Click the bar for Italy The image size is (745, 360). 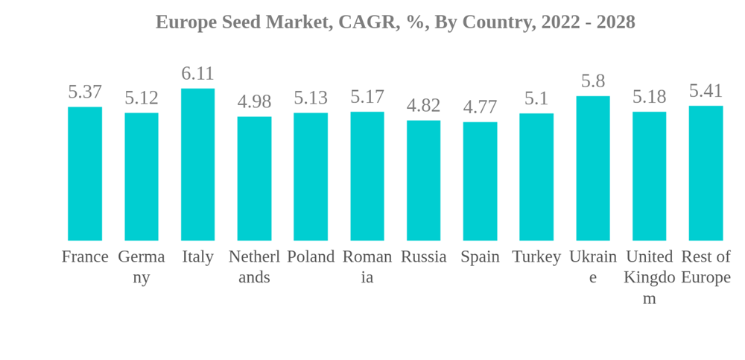pos(197,165)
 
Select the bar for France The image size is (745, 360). pos(85,174)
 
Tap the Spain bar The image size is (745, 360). pos(480,181)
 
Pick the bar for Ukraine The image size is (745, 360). pos(593,168)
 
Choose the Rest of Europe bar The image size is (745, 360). pos(706,173)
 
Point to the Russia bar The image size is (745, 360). pos(423,180)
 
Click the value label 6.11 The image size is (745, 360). pos(197,74)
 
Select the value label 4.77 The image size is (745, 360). pos(480,107)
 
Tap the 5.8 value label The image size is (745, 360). pos(593,81)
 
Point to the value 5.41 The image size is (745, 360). pos(706,91)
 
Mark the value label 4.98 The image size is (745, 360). pos(254,101)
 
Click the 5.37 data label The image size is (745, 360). pos(85,92)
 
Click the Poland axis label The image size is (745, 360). pos(311,256)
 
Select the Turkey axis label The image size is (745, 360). pos(536,256)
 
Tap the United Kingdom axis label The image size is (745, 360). pos(650,277)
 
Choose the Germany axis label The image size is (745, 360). pos(142,267)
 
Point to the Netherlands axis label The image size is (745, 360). pos(254,267)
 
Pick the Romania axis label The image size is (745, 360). pos(367,267)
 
